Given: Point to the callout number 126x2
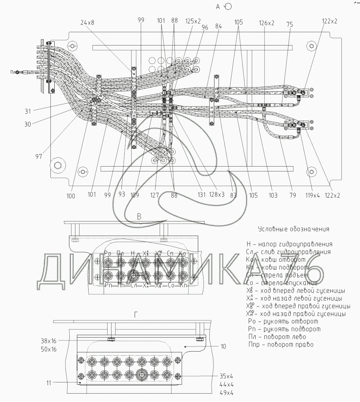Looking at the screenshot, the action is point(266,23).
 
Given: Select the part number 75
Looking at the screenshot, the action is point(280,25).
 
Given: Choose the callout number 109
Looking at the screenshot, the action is point(135,195).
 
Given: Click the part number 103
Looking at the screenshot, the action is point(273,195).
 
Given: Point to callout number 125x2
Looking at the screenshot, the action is point(193,21).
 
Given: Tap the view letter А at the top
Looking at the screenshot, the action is point(218,7).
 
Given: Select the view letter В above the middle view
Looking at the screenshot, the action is point(139,217).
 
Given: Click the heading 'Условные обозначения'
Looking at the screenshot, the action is point(293,229).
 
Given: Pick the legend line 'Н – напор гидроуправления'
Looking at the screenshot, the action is point(289,244).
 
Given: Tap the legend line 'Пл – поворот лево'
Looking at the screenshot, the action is point(277,337).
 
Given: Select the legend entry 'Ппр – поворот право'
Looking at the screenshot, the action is point(280,344).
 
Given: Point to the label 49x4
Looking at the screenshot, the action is point(226,393).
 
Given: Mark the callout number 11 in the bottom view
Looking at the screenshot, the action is point(49,383).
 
